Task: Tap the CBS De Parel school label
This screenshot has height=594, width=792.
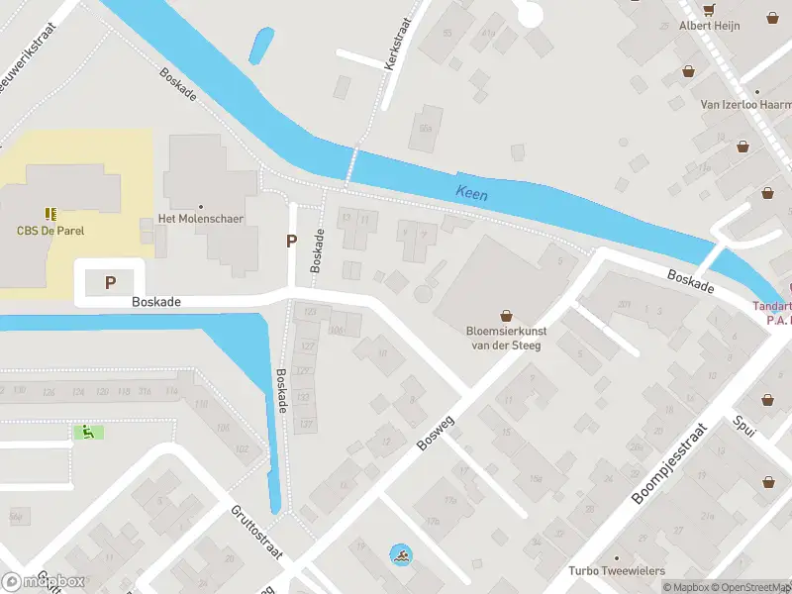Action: pos(50,231)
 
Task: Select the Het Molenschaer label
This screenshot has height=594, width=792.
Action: pos(201,219)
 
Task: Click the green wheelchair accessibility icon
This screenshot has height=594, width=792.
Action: pos(88,432)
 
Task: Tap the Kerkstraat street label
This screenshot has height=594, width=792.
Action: pos(400,33)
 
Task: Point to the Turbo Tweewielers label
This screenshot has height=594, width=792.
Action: pos(616,570)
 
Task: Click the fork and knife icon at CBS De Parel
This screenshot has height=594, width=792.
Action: pos(50,213)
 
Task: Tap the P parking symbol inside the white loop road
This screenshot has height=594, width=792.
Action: pos(111,283)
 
